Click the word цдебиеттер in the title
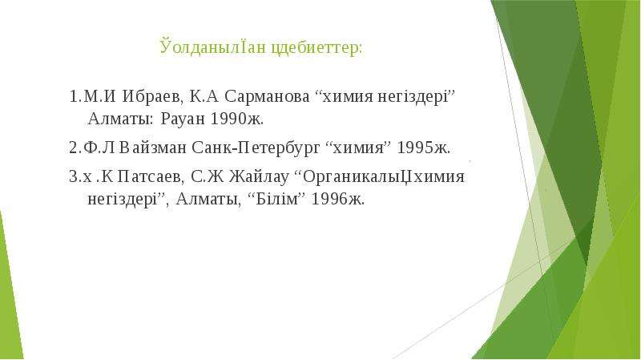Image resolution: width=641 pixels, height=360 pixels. [316, 48]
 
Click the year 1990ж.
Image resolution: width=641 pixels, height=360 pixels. [237, 119]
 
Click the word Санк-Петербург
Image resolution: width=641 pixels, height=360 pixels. [256, 148]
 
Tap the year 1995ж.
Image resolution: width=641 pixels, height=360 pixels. [424, 148]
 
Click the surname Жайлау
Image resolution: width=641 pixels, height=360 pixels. [258, 177]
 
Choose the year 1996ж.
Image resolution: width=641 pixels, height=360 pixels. [337, 200]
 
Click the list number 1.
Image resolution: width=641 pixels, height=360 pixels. [73, 97]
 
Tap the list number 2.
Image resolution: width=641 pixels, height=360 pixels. [73, 148]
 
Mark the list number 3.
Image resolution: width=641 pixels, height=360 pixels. [73, 177]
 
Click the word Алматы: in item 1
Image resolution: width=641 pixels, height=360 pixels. [121, 119]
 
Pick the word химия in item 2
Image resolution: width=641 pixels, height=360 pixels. [358, 148]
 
